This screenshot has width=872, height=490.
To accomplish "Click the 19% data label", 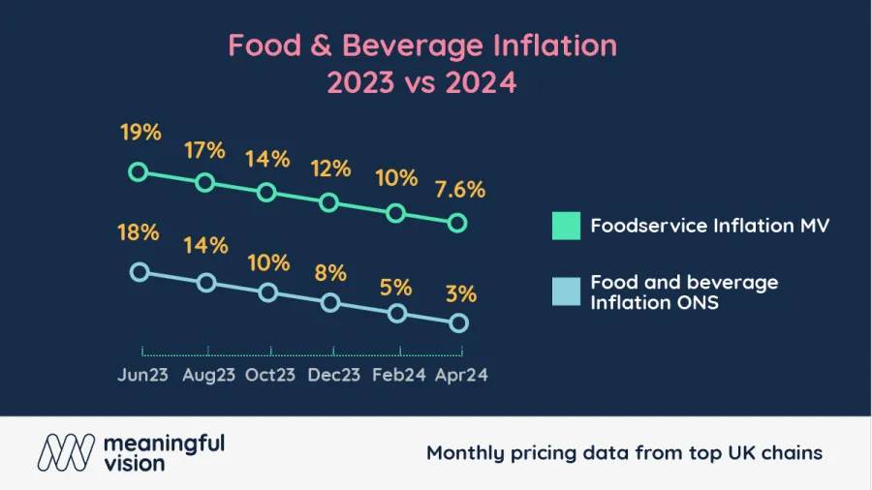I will (141, 133).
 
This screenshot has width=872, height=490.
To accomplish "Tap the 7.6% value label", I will (461, 189).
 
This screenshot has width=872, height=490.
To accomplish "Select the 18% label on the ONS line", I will (139, 232).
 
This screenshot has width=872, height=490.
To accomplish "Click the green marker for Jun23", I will (139, 172).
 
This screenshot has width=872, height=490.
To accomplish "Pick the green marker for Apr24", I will (458, 224).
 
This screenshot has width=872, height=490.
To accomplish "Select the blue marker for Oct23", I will (268, 292).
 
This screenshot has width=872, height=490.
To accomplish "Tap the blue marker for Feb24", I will (396, 314).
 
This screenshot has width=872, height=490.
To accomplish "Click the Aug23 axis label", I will (208, 376).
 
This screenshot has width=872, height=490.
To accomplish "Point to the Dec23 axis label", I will (334, 376).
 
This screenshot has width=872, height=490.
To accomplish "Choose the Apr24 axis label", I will (460, 376).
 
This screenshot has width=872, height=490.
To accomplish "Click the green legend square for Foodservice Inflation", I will (566, 226).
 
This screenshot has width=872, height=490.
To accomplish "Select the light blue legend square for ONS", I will (566, 291).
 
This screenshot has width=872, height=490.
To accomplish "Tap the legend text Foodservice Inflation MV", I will (710, 226).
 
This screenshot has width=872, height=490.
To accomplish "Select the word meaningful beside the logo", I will (162, 443).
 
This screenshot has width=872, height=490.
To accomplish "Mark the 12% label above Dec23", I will (330, 168).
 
